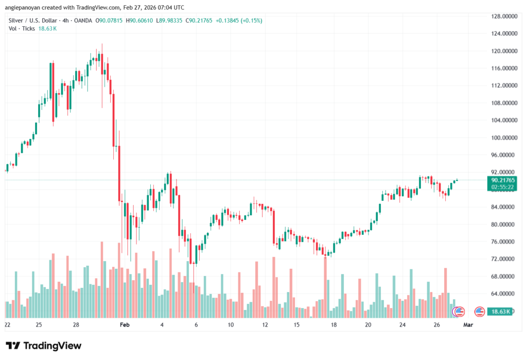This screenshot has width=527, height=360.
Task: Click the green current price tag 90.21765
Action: tap(504, 180)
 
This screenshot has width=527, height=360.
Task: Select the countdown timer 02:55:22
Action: tap(504, 187)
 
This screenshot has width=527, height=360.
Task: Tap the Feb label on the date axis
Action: tap(124, 325)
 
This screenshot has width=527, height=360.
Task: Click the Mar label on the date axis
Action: tap(468, 325)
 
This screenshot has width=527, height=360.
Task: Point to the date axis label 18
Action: tap(333, 325)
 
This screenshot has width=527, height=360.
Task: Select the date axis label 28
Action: tap(76, 325)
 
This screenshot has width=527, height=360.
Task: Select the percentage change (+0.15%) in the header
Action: tap(251, 20)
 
